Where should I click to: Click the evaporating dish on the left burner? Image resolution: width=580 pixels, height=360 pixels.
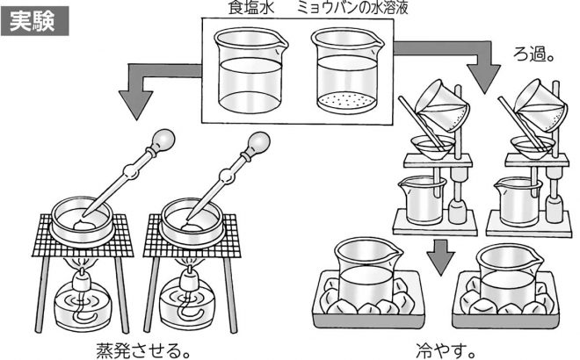[x=84, y=220]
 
